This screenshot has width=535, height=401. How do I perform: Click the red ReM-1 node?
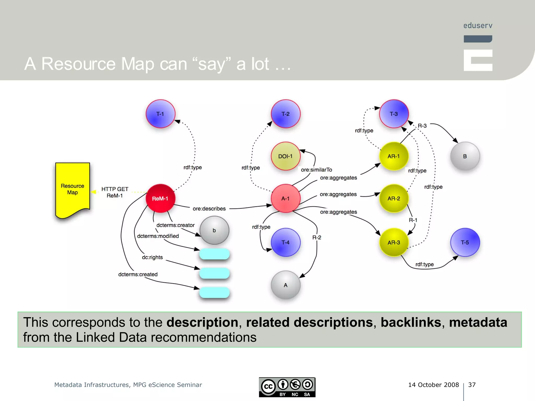[x=160, y=198]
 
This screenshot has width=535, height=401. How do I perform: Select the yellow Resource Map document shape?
[x=72, y=189]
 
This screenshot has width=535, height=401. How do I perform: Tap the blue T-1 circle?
[x=160, y=114]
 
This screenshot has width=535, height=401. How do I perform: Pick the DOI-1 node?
[x=285, y=156]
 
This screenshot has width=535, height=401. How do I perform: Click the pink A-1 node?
[x=285, y=198]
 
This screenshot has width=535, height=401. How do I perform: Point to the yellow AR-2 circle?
[x=394, y=198]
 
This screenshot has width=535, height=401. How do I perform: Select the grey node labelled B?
[x=465, y=156]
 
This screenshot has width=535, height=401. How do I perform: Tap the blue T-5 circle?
[x=465, y=242]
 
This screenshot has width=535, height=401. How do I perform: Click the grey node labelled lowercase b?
[x=214, y=230]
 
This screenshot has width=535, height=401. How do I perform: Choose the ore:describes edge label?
[x=209, y=209]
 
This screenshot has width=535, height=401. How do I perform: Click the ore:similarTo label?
[x=316, y=170]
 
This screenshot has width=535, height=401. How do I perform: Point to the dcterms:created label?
[x=138, y=274]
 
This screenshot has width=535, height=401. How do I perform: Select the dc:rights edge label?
[x=152, y=257]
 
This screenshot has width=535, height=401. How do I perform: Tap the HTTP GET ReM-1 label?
[x=115, y=192]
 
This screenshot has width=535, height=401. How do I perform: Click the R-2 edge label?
[x=317, y=237]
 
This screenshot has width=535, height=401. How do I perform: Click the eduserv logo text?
[x=478, y=26]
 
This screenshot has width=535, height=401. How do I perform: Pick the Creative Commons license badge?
[x=287, y=387]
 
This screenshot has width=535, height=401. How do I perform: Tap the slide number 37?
[x=472, y=385]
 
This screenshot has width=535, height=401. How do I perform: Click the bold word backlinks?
[x=411, y=322]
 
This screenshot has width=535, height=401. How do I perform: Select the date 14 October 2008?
[x=433, y=385]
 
